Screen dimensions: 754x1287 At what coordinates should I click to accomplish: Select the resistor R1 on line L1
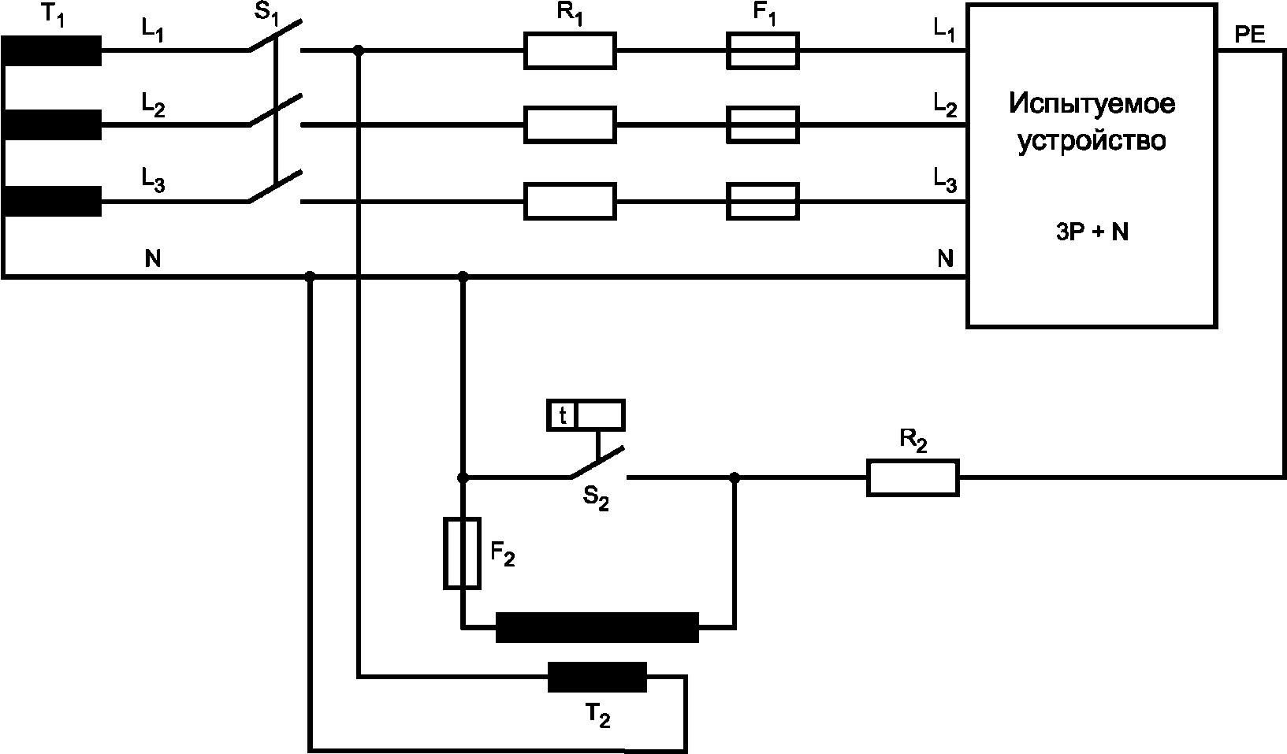point(570,50)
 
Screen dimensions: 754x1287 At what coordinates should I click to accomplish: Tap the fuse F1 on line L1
point(762,50)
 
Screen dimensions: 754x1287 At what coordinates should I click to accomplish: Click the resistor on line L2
point(570,124)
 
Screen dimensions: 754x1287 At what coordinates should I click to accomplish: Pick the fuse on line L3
point(762,201)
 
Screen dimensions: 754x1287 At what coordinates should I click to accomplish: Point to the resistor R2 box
point(913,477)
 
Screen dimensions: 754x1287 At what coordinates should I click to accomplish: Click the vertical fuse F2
point(463,553)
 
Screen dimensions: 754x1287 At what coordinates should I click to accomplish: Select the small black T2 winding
point(597,677)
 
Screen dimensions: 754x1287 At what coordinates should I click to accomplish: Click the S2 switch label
point(596,499)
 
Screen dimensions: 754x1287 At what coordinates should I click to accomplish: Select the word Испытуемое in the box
point(1092,104)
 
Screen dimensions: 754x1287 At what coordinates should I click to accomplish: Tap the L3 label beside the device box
point(944,181)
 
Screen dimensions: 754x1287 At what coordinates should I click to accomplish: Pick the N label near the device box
point(945,258)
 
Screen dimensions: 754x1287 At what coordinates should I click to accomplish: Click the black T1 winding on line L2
point(52,124)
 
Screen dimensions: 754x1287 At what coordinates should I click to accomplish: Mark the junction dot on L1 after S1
point(359,50)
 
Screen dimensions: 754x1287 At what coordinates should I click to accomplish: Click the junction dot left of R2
point(735,477)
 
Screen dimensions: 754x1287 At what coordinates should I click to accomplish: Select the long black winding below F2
point(597,627)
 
